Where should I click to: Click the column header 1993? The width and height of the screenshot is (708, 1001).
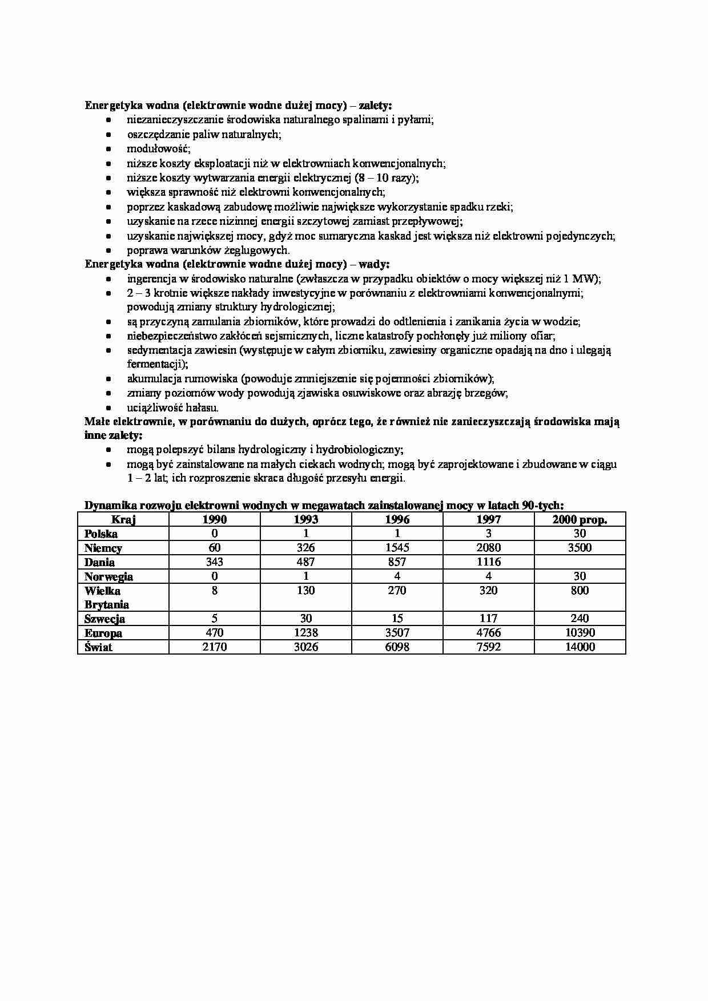305,519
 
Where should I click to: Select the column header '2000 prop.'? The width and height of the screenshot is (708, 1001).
580,519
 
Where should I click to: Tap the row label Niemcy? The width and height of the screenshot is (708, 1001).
103,548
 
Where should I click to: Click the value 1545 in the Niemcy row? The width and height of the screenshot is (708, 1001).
397,548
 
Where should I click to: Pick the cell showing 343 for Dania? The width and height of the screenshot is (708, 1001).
215,562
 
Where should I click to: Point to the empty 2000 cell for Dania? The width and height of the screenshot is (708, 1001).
580,562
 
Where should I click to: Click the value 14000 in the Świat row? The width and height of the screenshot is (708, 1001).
580,647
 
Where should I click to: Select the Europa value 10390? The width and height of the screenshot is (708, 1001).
580,633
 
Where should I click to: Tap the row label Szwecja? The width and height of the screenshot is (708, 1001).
104,619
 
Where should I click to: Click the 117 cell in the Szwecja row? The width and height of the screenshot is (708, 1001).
488,619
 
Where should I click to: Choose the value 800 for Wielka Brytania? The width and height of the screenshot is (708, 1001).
580,591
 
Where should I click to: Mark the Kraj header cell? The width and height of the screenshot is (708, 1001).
123,519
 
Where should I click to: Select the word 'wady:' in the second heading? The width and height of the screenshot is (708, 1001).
373,264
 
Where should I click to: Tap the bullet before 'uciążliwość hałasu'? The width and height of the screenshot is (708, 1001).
108,408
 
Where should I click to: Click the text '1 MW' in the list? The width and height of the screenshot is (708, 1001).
582,278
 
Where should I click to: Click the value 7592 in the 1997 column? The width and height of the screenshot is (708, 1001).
488,647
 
